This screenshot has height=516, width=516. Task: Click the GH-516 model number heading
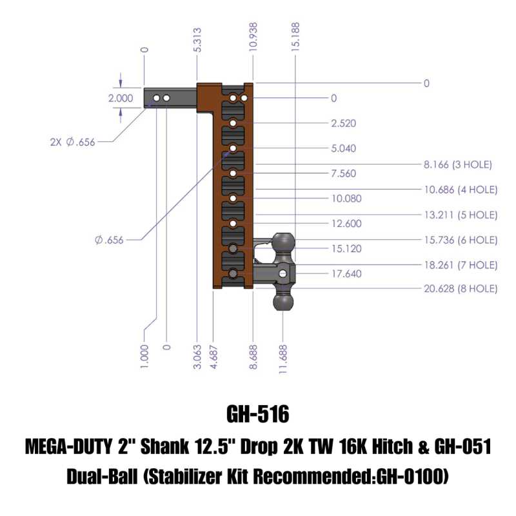click(258, 413)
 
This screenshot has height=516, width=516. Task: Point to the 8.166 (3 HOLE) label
click(458, 165)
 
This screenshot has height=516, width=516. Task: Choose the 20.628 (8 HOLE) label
click(460, 289)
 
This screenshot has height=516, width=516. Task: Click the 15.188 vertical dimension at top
click(295, 39)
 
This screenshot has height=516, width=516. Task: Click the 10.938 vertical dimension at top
click(253, 39)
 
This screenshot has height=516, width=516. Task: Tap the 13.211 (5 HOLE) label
click(460, 214)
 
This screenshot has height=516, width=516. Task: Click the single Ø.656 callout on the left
click(109, 240)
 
